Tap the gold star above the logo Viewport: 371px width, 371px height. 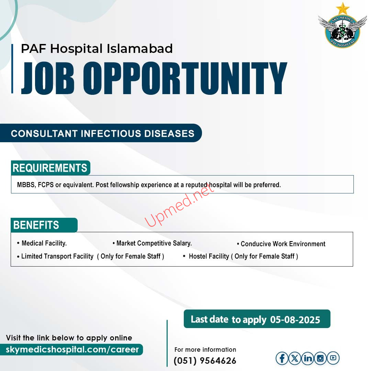(342, 9)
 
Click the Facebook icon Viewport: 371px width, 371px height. (282, 358)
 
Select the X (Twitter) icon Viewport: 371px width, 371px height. (295, 358)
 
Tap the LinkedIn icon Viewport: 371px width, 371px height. (307, 358)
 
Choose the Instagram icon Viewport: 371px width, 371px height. (321, 358)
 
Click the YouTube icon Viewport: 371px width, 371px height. (333, 358)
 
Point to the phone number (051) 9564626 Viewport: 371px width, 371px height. (205, 361)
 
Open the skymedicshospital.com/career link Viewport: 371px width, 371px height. (72, 349)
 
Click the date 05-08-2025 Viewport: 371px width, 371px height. (295, 320)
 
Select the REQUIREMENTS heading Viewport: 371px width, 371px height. (50, 168)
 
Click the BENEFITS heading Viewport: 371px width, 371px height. (36, 225)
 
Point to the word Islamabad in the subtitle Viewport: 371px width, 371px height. (139, 48)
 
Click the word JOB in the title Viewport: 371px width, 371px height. (47, 78)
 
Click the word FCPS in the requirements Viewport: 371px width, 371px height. (46, 185)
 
